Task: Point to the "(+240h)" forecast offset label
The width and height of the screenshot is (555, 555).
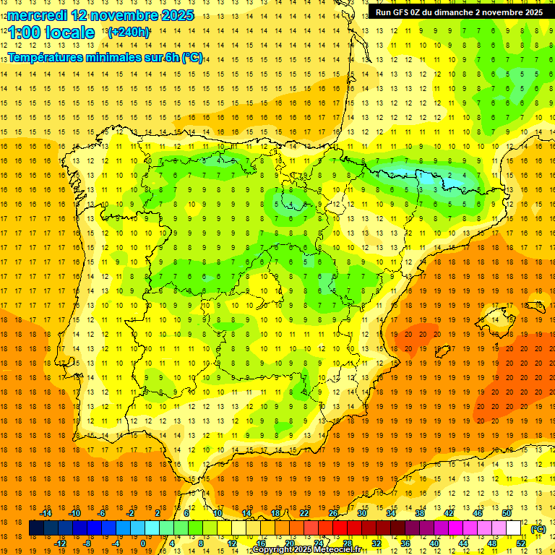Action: [x=129, y=33]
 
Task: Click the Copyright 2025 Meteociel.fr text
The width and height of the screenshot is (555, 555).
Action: [x=306, y=550]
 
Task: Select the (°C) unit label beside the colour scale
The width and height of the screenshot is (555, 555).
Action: [x=538, y=529]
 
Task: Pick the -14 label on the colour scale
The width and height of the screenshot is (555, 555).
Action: [x=46, y=513]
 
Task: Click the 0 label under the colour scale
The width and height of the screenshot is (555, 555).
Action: [x=143, y=543]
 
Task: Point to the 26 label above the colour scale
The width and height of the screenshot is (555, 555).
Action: [x=332, y=513]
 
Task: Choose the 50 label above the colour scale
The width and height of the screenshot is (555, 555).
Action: [x=506, y=513]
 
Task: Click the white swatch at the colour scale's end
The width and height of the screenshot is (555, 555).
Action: [x=519, y=529]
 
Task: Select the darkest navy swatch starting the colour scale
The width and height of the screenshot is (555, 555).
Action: [x=36, y=529]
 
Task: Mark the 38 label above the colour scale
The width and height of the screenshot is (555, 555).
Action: [x=419, y=513]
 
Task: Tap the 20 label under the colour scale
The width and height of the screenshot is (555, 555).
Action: [x=289, y=543]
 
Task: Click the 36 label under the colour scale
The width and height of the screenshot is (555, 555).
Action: [x=405, y=543]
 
